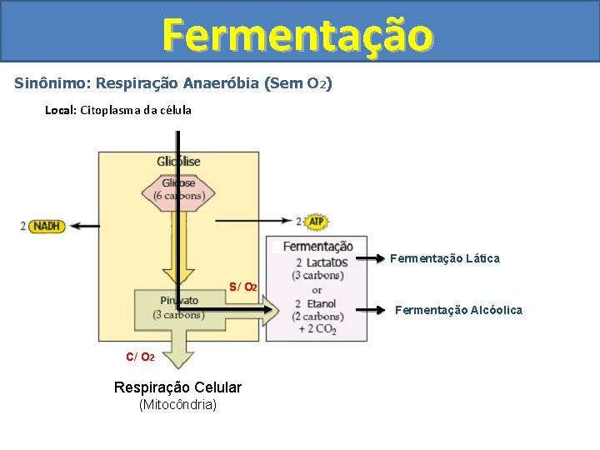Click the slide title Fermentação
298,35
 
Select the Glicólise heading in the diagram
178,161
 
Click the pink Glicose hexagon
178,189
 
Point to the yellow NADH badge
47,226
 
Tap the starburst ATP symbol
316,222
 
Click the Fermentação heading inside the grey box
317,247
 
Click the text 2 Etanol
317,303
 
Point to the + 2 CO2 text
317,329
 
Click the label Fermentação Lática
445,258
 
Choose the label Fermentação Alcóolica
458,310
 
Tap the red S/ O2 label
243,287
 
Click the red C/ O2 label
140,357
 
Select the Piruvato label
179,301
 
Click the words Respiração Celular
177,387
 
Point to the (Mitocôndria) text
177,405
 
